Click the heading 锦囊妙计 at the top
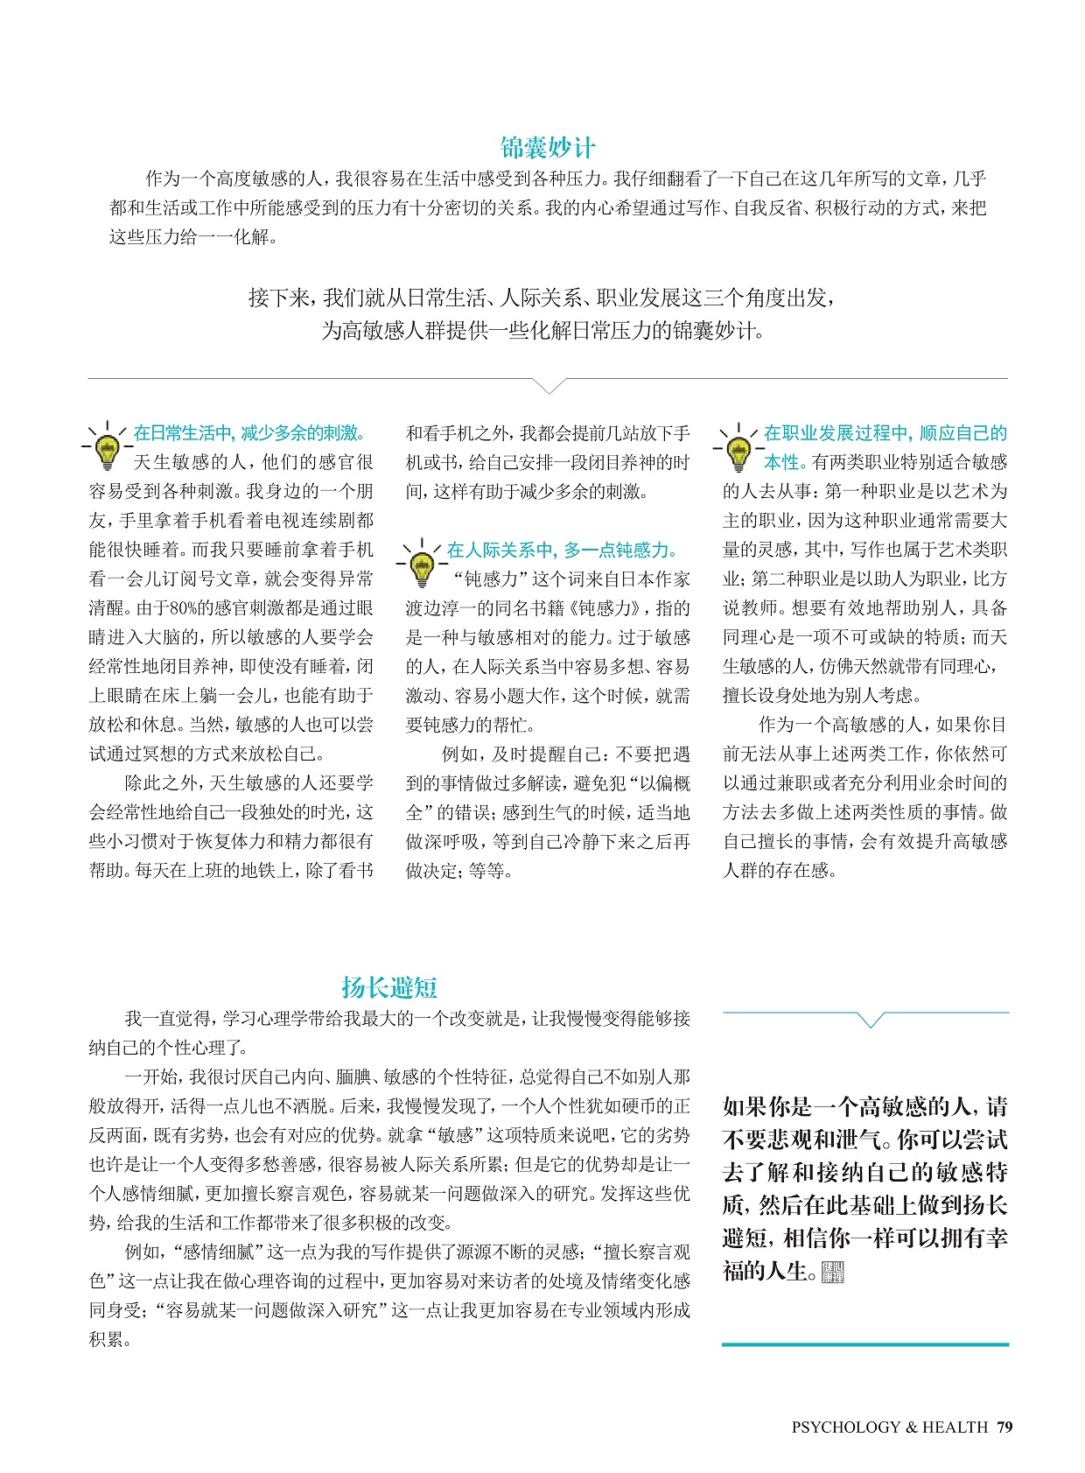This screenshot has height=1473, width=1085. pyautogui.click(x=548, y=147)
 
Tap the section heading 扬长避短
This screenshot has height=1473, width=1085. pyautogui.click(x=389, y=987)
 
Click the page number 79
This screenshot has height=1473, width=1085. pyautogui.click(x=1004, y=1427)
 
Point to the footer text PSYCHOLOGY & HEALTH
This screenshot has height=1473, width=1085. pyautogui.click(x=889, y=1427)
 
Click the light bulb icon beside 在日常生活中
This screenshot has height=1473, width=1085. pyautogui.click(x=108, y=446)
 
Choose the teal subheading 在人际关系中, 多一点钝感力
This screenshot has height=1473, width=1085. pyautogui.click(x=563, y=551)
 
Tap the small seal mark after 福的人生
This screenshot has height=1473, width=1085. pyautogui.click(x=832, y=1272)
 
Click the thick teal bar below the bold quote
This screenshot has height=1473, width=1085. pyautogui.click(x=865, y=1343)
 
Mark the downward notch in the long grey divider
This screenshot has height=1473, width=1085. pyautogui.click(x=549, y=386)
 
